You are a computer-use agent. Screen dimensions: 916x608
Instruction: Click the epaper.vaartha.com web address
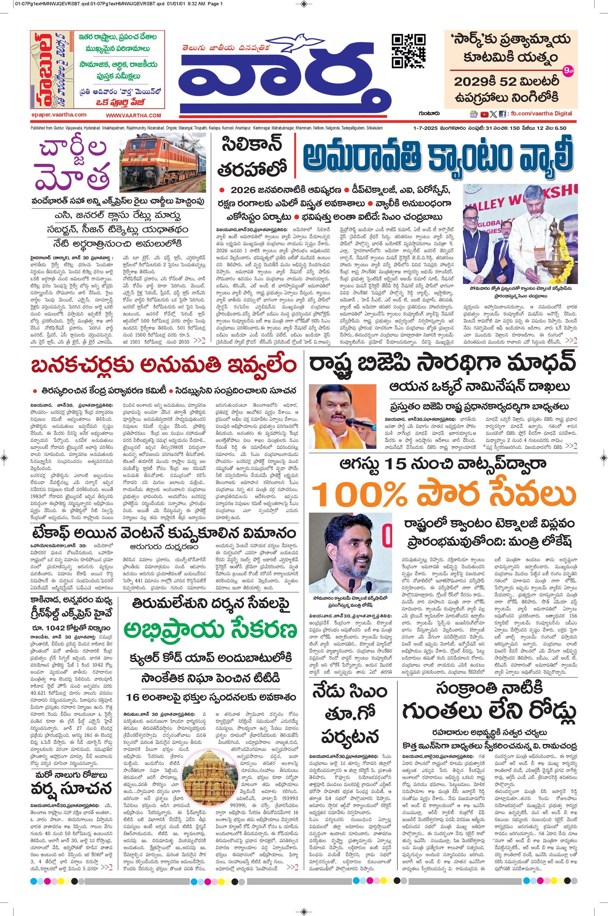(x=59, y=115)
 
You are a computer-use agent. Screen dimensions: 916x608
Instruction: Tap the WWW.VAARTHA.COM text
(x=133, y=115)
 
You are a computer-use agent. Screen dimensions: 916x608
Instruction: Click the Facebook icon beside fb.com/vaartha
(x=502, y=114)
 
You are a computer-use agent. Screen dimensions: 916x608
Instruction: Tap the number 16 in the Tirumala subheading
(x=133, y=697)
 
